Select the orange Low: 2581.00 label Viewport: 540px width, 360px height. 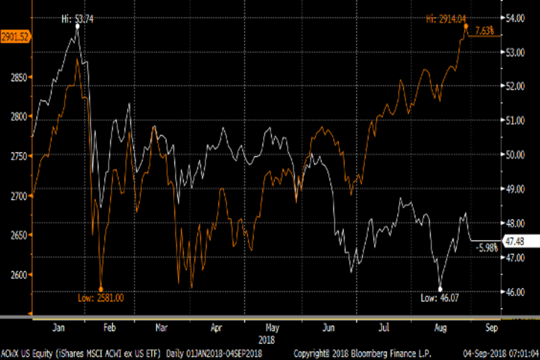[x=101, y=297]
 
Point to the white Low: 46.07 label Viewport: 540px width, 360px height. [x=441, y=297]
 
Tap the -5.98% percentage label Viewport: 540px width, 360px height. [x=488, y=247]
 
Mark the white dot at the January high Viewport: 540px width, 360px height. [x=77, y=27]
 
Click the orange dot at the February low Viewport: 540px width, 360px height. [x=101, y=289]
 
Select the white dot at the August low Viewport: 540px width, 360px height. [x=440, y=289]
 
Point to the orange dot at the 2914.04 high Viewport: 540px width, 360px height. [x=466, y=26]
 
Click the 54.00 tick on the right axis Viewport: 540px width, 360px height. [x=516, y=18]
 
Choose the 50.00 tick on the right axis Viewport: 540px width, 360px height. [x=516, y=155]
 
